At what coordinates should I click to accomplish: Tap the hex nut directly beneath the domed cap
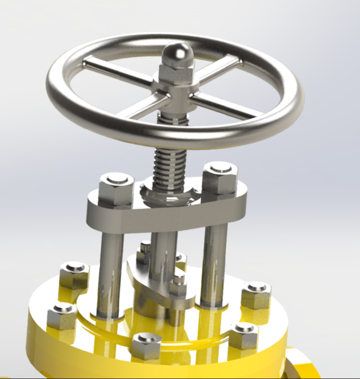[x=176, y=74]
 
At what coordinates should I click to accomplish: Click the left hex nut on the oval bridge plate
[x=116, y=188]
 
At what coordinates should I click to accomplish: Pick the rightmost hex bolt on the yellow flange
[x=256, y=294]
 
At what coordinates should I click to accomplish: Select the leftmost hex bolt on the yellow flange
[x=62, y=316]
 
